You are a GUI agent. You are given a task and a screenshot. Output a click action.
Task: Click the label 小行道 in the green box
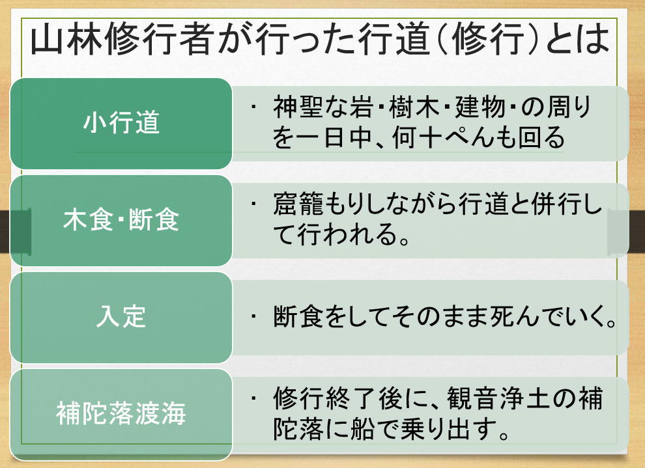[x=121, y=122]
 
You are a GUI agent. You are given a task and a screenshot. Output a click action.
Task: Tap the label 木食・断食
[x=121, y=219]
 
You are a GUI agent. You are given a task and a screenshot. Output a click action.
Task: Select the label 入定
[x=121, y=316]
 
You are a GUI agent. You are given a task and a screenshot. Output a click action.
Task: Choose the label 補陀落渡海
[x=121, y=413]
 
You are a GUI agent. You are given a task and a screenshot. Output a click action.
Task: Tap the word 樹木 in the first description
[x=414, y=107]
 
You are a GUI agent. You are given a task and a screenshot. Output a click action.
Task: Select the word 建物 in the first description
[x=480, y=107]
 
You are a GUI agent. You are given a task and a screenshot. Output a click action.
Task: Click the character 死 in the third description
[x=503, y=316]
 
